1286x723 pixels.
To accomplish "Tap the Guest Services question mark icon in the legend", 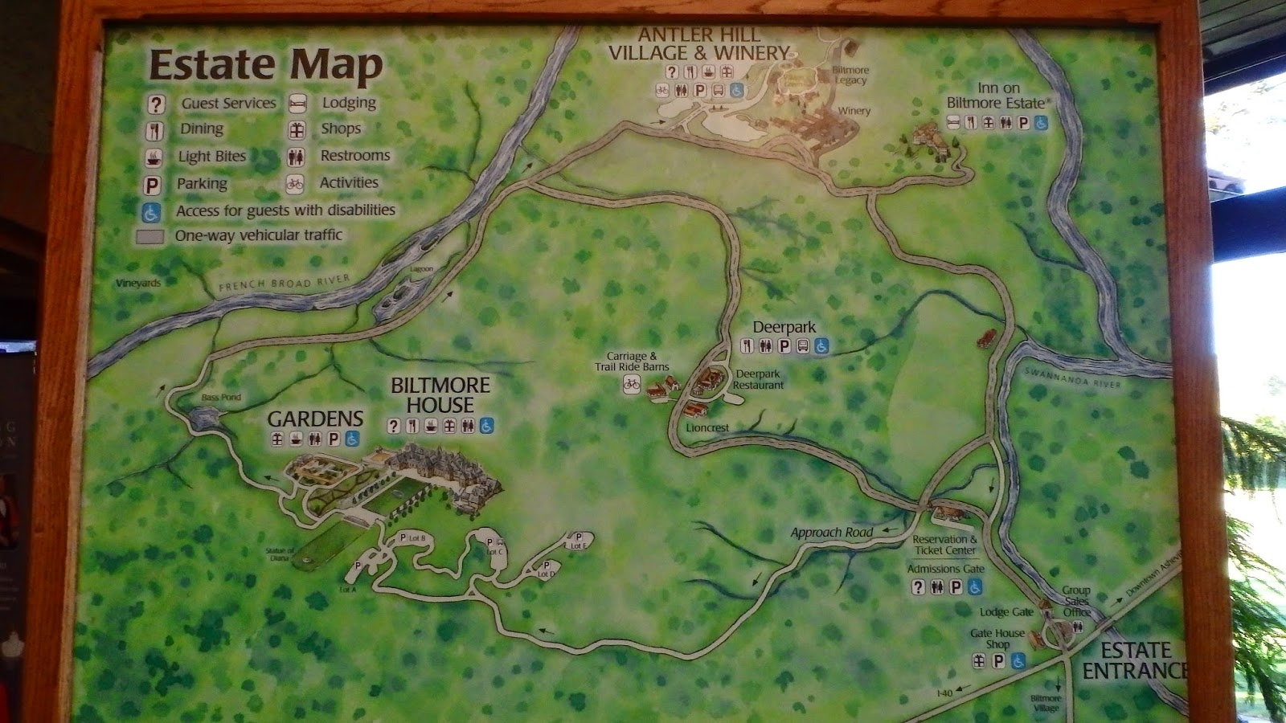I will click(x=156, y=104).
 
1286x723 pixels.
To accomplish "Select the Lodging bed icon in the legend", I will click(x=297, y=103).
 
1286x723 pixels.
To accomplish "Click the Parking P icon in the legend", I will click(x=152, y=186).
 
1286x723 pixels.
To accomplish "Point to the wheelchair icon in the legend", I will click(x=152, y=212).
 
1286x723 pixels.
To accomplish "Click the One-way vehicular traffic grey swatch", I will click(x=150, y=236).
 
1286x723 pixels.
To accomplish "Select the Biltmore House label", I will click(x=440, y=395).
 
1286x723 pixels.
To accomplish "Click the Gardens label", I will click(x=315, y=419).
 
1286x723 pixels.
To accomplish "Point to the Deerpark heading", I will click(x=784, y=327).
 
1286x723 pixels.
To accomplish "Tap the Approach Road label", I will click(x=831, y=533).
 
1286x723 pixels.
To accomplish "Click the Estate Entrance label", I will click(x=1134, y=660).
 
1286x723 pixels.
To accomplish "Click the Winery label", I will click(x=854, y=111).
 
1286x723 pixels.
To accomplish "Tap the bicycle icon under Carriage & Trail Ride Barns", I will click(x=632, y=385).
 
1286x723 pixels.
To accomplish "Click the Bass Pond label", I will click(x=221, y=397).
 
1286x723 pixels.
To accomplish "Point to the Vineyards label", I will click(x=138, y=283).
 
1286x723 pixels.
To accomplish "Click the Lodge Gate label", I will click(x=1006, y=612).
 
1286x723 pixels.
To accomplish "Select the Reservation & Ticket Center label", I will click(x=944, y=545).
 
